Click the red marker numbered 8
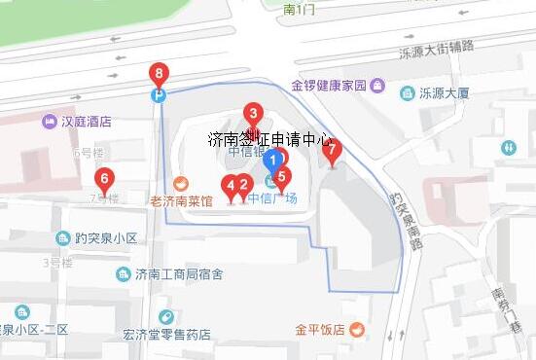click(x=159, y=73)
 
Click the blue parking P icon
click(x=158, y=95)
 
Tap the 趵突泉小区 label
click(x=96, y=238)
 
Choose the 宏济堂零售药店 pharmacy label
click(x=166, y=335)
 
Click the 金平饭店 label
click(x=321, y=329)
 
